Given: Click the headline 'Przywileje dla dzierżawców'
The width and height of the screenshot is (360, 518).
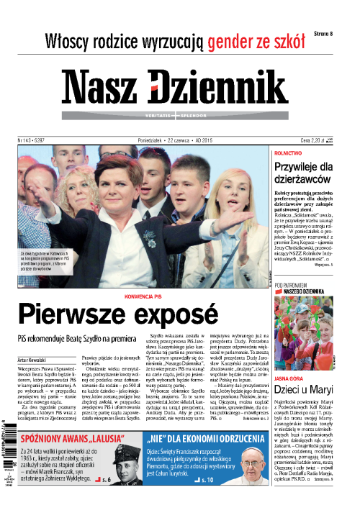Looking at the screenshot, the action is (310, 175).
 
